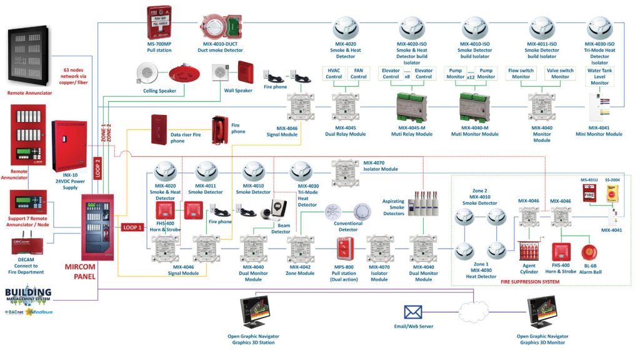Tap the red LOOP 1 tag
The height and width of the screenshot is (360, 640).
[132, 227]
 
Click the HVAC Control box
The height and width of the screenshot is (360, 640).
[334, 73]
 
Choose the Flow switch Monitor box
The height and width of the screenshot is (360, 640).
[521, 73]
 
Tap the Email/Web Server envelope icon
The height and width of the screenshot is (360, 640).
[413, 312]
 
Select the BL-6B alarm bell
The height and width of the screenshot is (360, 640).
[589, 252]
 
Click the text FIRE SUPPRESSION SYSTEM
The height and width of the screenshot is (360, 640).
[529, 282]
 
